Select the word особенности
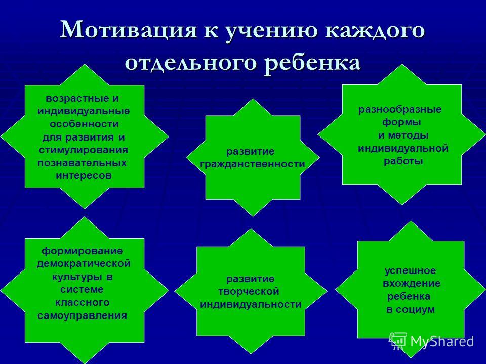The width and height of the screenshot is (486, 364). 84,124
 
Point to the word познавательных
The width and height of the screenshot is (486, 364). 82,163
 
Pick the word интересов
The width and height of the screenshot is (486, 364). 84,176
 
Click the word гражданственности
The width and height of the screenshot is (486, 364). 252,164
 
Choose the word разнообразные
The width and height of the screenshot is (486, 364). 400,110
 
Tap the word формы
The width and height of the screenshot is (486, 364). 401,122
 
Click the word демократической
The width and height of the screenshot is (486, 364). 84,264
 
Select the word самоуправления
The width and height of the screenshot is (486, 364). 82,315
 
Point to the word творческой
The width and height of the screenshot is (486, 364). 249,292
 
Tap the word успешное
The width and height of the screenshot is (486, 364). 410,271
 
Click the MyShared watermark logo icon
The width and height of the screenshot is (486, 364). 398,341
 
